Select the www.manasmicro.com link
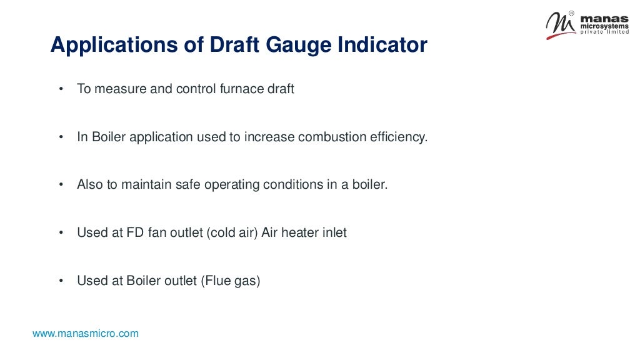click(86, 334)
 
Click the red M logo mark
click(559, 26)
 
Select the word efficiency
click(397, 137)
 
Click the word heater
click(302, 232)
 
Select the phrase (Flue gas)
click(230, 281)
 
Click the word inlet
click(335, 232)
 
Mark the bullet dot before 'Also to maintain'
click(61, 186)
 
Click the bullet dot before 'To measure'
click(61, 89)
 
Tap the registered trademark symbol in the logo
click(571, 13)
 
